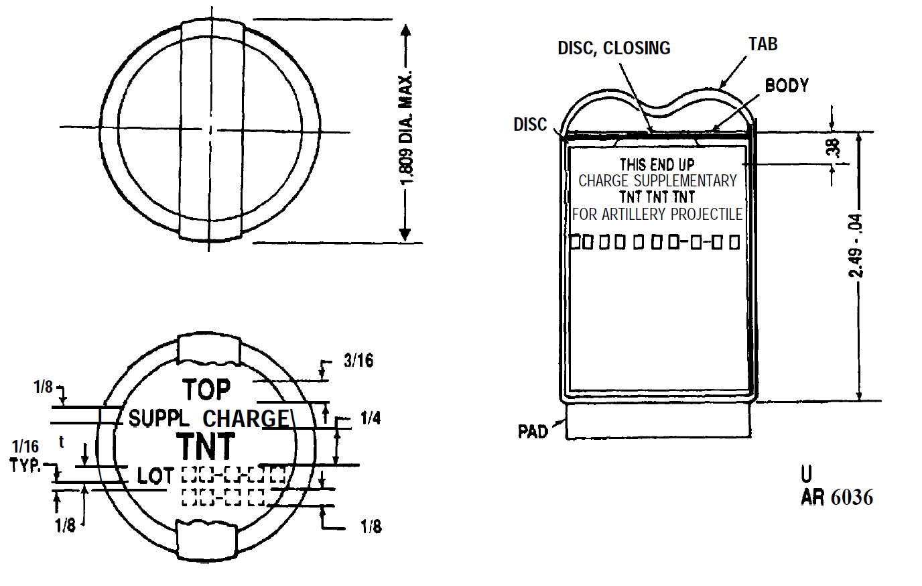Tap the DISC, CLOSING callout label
pos(614,48)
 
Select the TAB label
pos(763,44)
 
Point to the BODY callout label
pos(787,85)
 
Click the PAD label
pos(533,431)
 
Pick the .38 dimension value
pos(834,148)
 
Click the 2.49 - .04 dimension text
pos(856,246)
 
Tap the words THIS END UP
pos(657,165)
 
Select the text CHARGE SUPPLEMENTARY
pos(657,181)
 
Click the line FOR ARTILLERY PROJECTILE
pos(657,214)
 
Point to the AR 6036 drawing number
pos(837,497)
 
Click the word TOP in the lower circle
pos(206,390)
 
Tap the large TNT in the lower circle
pos(206,446)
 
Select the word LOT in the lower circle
pos(155,475)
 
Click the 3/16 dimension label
pos(358,361)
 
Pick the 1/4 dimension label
pos(371,418)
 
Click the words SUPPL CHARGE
pos(208,418)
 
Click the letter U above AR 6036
pos(806,474)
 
